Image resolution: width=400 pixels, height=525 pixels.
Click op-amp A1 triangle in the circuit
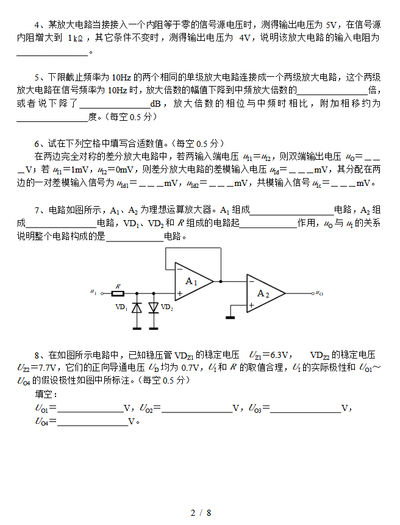pos(193,282)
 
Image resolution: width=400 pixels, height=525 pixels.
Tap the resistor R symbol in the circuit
pos(118,293)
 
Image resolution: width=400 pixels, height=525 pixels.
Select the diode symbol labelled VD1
pos(137,307)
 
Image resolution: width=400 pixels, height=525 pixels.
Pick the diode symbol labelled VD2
pos(153,307)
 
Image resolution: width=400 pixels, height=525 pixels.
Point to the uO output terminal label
pos(319,293)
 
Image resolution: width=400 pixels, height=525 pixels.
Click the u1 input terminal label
pos(93,293)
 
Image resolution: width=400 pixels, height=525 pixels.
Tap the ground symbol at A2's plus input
pos(230,316)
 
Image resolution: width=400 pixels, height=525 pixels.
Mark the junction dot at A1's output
pos(220,282)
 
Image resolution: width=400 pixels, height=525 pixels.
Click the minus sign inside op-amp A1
pos(179,269)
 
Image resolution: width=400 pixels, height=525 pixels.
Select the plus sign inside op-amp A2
pos(251,305)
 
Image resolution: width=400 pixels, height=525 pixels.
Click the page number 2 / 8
pos(200,513)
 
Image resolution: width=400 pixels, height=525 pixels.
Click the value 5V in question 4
pos(331,25)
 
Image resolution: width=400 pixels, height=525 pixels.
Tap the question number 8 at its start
pos(37,354)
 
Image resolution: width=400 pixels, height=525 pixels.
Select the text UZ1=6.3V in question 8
pos(270,354)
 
